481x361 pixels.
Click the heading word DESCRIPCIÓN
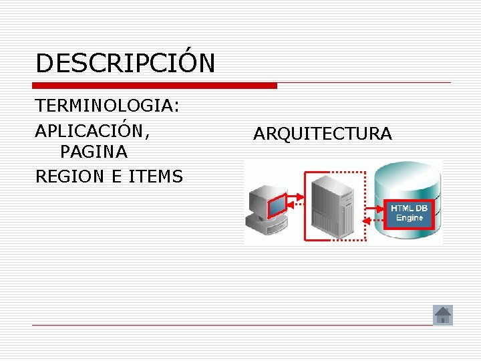[126, 64]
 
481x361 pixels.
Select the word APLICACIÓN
[91, 130]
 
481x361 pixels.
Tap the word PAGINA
[94, 152]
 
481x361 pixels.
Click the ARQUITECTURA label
[322, 134]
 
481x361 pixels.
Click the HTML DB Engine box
[410, 213]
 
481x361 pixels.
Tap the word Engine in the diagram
[410, 219]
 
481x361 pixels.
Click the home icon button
[443, 315]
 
